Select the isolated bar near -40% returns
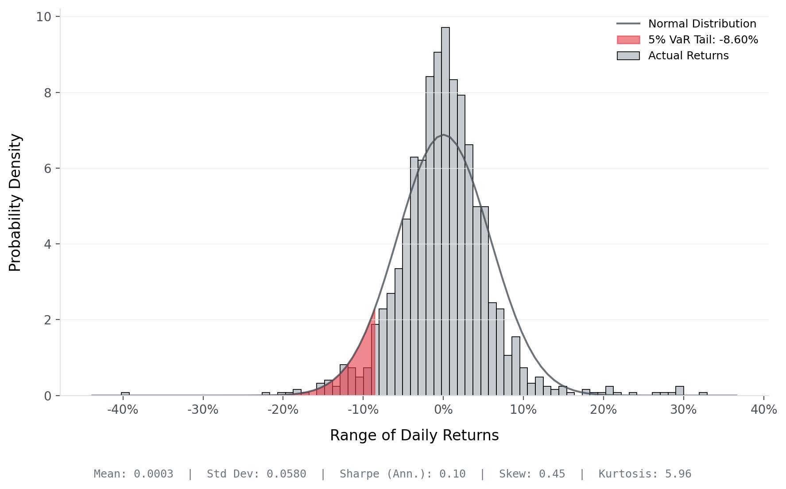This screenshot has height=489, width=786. (125, 393)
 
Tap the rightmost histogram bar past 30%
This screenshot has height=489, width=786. (703, 393)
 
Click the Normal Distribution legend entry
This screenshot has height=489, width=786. (702, 23)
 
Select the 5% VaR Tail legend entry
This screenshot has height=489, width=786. (703, 40)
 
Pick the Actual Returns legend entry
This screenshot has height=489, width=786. (688, 56)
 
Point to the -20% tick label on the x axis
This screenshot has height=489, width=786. (283, 410)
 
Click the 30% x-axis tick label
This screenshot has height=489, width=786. (683, 410)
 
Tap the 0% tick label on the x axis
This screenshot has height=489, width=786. (443, 410)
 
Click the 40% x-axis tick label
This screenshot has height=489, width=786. (763, 410)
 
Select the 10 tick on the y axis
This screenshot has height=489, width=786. (43, 17)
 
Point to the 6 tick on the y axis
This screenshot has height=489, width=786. (48, 169)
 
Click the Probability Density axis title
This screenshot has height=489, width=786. (15, 203)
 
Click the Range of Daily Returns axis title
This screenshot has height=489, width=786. (414, 435)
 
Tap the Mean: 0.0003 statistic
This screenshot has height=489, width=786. (133, 474)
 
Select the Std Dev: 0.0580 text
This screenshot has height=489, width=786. (256, 474)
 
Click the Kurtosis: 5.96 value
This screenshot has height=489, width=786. (645, 474)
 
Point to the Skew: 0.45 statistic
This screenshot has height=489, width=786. (532, 474)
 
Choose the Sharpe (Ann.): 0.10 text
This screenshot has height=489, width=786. (403, 474)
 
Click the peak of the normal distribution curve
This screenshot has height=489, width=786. (443, 135)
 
